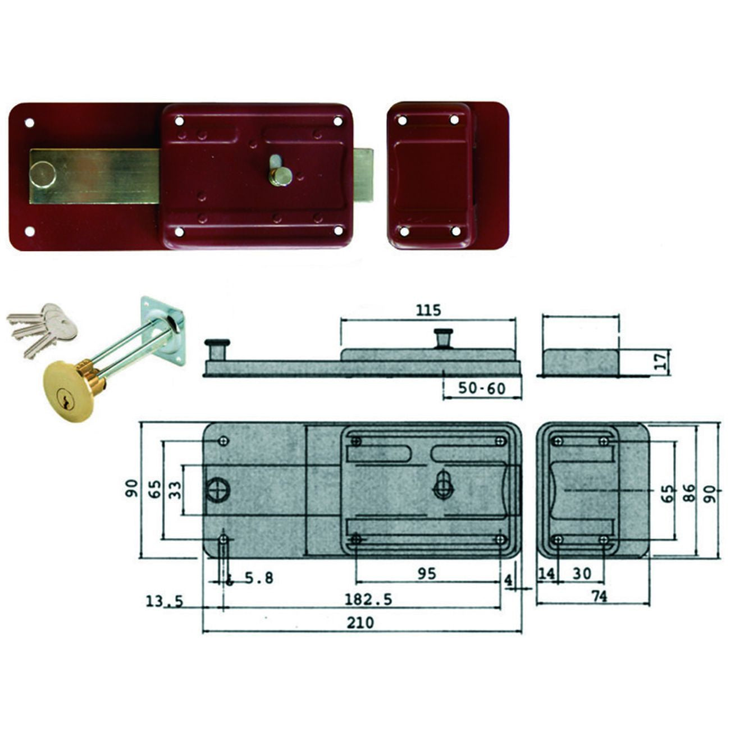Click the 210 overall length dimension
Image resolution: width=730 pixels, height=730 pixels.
[361, 622]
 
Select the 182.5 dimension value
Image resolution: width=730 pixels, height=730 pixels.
[368, 599]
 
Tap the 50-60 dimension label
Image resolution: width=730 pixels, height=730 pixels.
[482, 389]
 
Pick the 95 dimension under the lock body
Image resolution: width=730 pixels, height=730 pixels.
[427, 573]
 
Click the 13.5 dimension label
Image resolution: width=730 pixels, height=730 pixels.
[165, 601]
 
